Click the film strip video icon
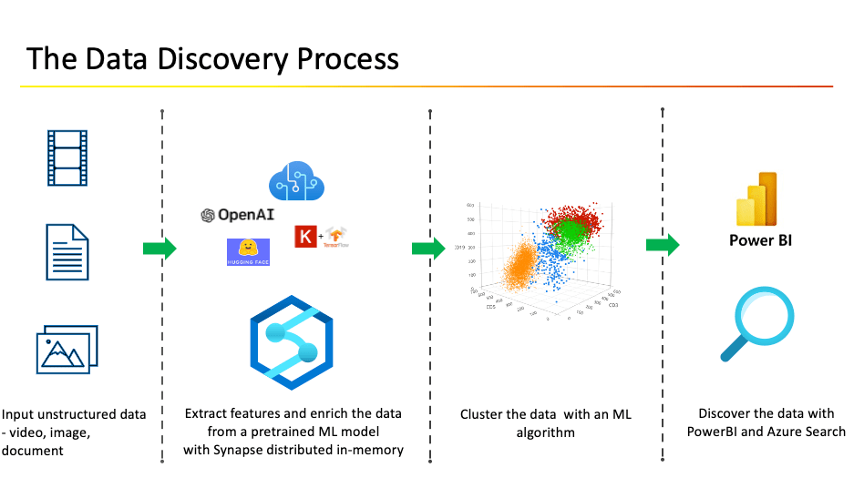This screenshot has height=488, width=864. click(x=68, y=158)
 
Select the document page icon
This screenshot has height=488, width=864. click(x=68, y=252)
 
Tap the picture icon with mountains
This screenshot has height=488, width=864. click(x=67, y=348)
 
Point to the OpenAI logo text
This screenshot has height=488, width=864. click(x=236, y=216)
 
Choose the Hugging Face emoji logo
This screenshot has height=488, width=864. click(x=246, y=250)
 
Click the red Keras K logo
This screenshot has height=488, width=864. click(x=303, y=237)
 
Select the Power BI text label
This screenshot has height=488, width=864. click(x=760, y=241)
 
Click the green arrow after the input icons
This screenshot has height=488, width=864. click(x=159, y=249)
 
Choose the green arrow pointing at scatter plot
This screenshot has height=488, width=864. click(x=427, y=249)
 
